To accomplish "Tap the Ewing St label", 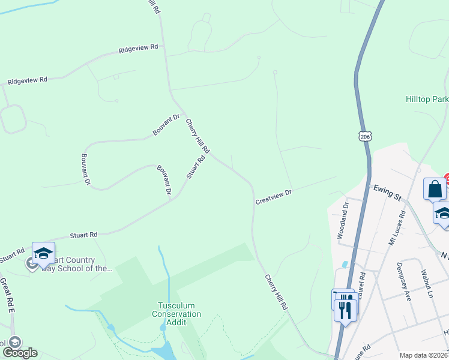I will pyautogui.click(x=387, y=193).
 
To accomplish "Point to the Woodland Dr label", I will pyautogui.click(x=343, y=221).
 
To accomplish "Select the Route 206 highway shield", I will pyautogui.click(x=365, y=137).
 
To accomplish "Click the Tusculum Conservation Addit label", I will pyautogui.click(x=176, y=313).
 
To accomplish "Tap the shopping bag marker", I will pyautogui.click(x=435, y=189).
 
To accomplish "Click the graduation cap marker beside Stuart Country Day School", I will pyautogui.click(x=43, y=254).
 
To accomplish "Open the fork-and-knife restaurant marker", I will pyautogui.click(x=346, y=310).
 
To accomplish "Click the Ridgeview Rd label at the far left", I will pyautogui.click(x=27, y=80).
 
